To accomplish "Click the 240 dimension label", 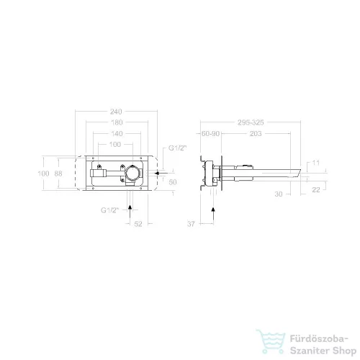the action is (116, 112).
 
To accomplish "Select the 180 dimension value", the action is (117, 122).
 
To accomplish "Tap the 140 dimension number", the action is (117, 133).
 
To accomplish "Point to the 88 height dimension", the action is (58, 174).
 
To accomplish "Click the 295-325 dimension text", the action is (251, 122).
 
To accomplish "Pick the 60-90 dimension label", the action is (210, 133).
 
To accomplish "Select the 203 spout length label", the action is (256, 133).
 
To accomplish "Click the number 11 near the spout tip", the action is (316, 163).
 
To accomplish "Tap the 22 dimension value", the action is (316, 189).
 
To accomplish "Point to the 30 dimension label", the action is (279, 194).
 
